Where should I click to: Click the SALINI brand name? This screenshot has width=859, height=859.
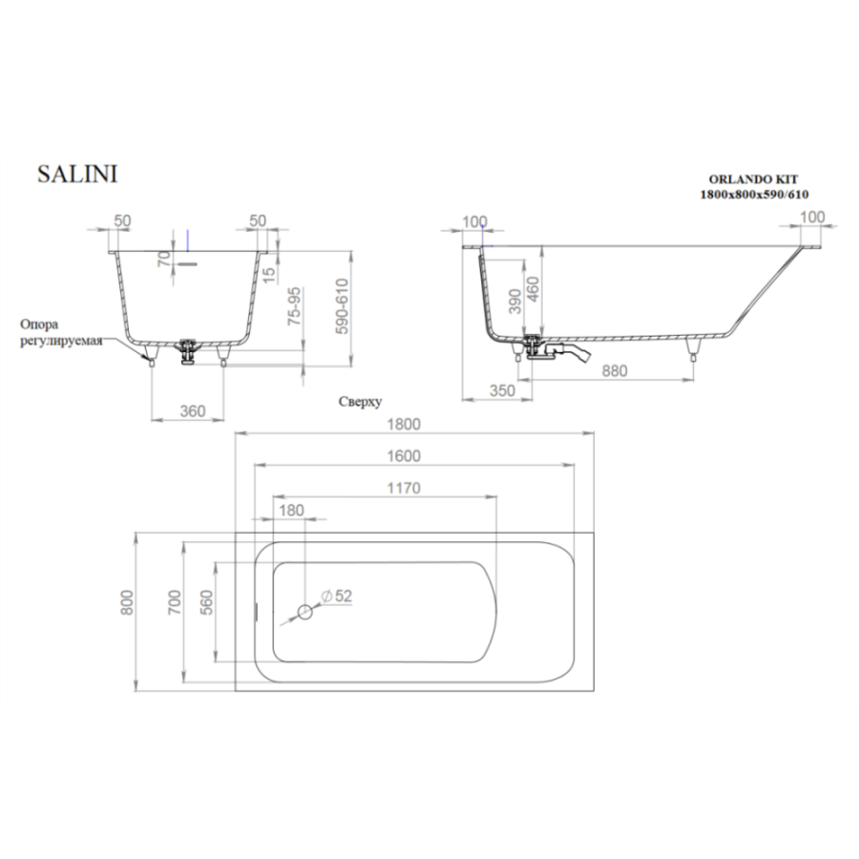[x=77, y=175]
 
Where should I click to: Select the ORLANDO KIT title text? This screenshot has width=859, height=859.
[x=753, y=179]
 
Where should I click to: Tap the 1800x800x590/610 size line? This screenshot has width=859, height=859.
[x=754, y=194]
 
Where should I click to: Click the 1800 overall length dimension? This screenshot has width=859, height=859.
[x=404, y=424]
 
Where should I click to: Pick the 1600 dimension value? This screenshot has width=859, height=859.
[x=404, y=456]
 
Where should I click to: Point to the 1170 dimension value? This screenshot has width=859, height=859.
[x=404, y=488]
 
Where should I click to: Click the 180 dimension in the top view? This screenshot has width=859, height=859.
[x=291, y=510]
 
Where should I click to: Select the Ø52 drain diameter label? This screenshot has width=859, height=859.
[x=336, y=596]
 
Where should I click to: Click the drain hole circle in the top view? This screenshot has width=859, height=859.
[x=305, y=612]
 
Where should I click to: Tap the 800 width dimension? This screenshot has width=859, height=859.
[x=127, y=602]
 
